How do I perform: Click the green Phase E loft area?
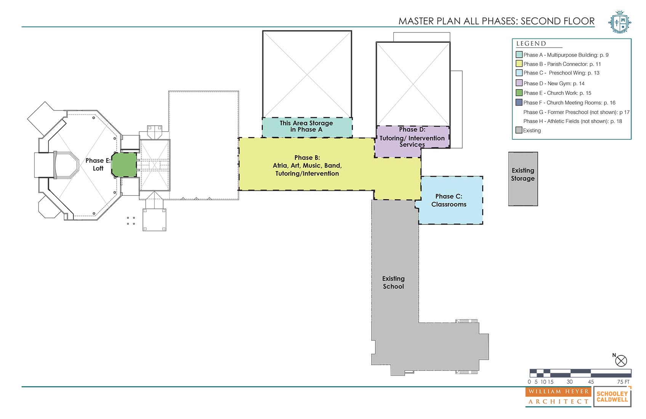coord(124,165)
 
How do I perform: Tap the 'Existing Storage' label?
coord(523,174)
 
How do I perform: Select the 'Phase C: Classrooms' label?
coord(449,200)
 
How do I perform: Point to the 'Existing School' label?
coord(393,282)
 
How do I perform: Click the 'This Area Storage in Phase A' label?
coord(306,126)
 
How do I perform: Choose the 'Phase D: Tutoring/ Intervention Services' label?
coord(412,137)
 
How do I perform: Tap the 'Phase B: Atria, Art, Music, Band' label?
coord(307,165)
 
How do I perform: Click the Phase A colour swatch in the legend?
coord(519,54)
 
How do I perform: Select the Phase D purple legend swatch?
coord(519,83)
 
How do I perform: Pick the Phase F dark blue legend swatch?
coord(519,102)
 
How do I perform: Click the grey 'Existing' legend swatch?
coord(519,130)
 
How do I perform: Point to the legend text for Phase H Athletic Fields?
coord(572,122)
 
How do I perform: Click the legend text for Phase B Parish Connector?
coord(562,64)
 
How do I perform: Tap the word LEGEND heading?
coord(531,43)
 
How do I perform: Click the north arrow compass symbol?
coord(621,361)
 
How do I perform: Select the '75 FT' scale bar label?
coord(623,382)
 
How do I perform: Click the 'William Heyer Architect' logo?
coord(558,397)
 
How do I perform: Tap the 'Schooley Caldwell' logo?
coord(612,397)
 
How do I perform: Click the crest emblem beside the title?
coord(620,22)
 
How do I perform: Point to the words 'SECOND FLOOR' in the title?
coord(558,21)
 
